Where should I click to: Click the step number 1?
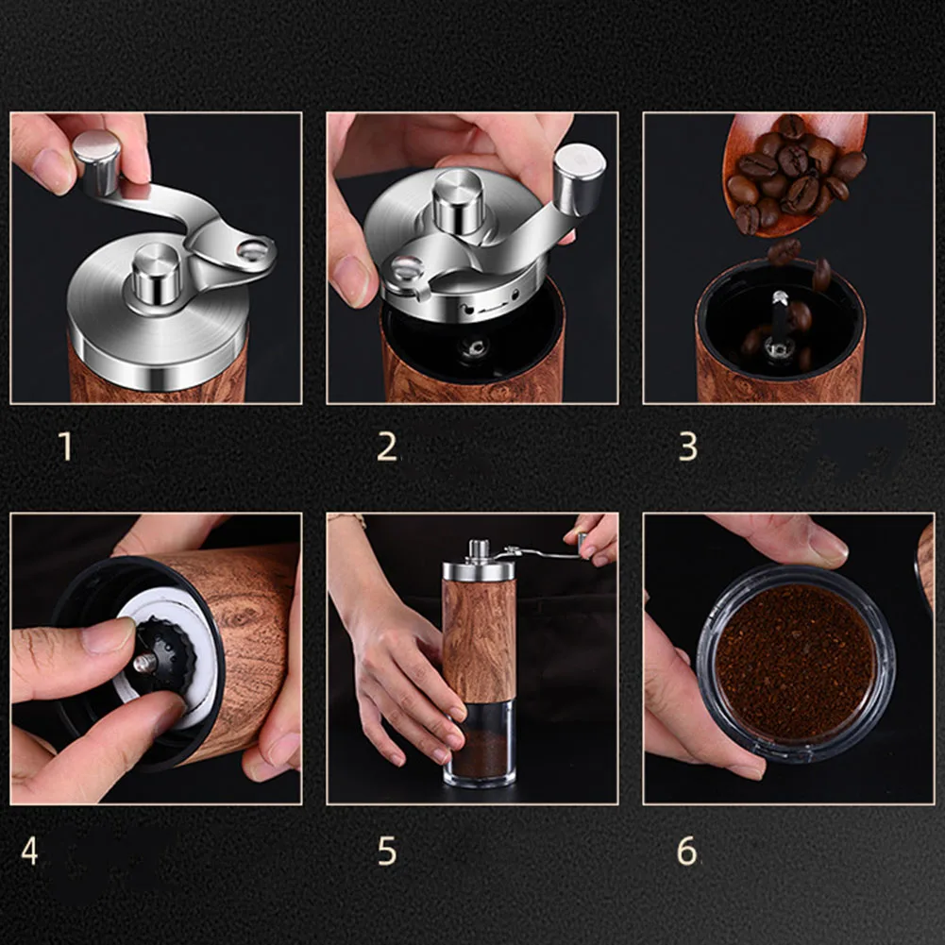point(66,447)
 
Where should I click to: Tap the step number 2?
point(387,447)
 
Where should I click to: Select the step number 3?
point(688,447)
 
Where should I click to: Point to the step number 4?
point(29,851)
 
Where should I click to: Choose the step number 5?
point(387,851)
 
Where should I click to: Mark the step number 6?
point(686,851)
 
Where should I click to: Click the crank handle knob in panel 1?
point(97,162)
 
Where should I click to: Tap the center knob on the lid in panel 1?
point(156,273)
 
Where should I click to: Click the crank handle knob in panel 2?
point(579,179)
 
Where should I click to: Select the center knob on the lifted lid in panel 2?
point(458,201)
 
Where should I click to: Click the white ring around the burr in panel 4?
point(169,657)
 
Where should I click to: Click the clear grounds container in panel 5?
point(480,743)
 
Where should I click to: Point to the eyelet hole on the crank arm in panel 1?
point(253,249)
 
